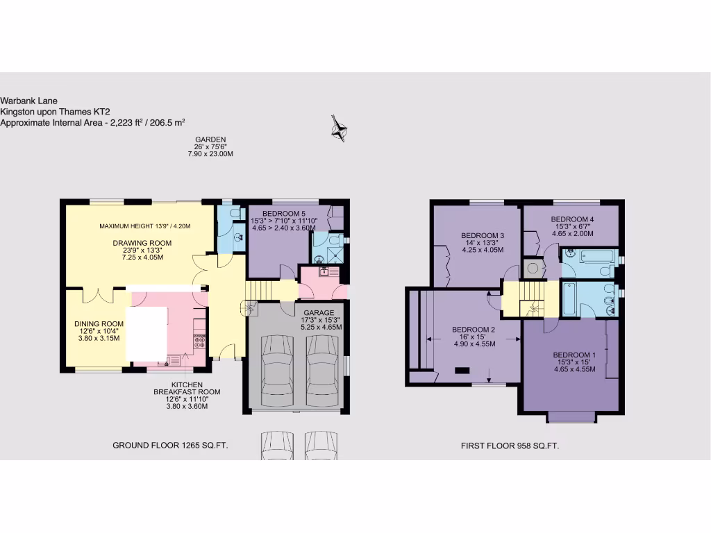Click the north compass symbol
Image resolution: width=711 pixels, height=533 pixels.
[339, 128]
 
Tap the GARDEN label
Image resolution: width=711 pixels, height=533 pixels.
[210, 139]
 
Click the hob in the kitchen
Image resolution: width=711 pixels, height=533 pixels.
[199, 340]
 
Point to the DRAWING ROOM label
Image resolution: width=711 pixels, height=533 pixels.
[142, 243]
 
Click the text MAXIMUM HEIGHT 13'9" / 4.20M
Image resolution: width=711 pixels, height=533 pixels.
[144, 226]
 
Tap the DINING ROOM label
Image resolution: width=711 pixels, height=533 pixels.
[99, 324]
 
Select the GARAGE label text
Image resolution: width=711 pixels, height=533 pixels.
[319, 312]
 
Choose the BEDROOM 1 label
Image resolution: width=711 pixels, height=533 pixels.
[571, 355]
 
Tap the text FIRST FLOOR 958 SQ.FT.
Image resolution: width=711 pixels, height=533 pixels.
[510, 446]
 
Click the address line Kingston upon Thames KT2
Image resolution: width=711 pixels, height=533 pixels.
[56, 112]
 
